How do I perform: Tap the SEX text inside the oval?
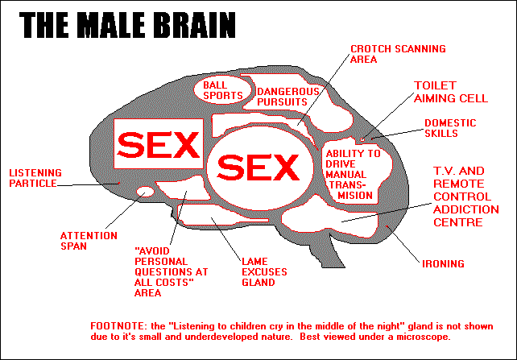[x=257, y=167]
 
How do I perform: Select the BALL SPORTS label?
[x=222, y=89]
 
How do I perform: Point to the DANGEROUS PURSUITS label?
[x=288, y=97]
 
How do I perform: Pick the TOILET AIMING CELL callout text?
[x=451, y=91]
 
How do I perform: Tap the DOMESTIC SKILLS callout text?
[x=450, y=129]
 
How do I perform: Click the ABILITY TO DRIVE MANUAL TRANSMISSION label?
[x=353, y=174]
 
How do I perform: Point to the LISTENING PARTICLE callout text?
[x=33, y=178]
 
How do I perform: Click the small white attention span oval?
[x=144, y=191]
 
